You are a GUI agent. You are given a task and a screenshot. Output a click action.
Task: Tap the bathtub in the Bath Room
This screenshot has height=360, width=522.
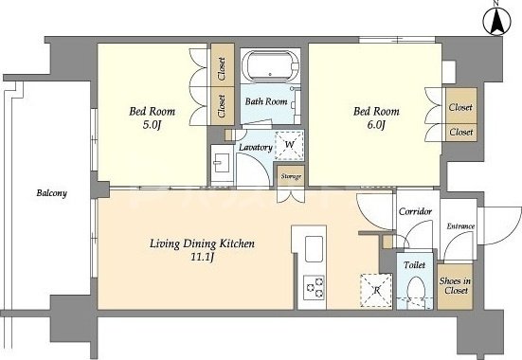click(x=270, y=66)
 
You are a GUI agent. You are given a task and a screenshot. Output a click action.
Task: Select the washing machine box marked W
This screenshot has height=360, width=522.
click(x=289, y=146)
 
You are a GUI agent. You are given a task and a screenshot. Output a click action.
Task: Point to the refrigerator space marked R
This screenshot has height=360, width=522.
click(x=376, y=291)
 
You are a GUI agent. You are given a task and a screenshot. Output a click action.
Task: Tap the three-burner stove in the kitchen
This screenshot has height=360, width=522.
click(x=314, y=287)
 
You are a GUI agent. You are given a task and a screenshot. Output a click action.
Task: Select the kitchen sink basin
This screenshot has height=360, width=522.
click(x=314, y=249)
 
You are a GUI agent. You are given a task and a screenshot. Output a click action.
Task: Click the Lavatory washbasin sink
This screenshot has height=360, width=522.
click(x=222, y=163)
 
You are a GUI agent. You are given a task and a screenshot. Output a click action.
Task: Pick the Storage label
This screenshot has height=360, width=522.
click(x=291, y=176)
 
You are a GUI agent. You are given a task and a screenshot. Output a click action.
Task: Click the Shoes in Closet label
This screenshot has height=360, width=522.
click(x=455, y=286)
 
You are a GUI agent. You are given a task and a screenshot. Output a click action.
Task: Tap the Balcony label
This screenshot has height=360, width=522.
click(x=51, y=193)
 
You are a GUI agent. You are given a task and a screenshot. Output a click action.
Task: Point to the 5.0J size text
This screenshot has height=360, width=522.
click(x=152, y=125)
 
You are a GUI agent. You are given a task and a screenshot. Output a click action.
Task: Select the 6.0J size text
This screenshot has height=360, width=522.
click(x=376, y=125)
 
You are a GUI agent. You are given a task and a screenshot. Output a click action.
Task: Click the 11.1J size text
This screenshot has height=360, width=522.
click(x=202, y=257)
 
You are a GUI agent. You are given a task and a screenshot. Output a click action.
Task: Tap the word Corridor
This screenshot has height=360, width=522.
click(x=416, y=211)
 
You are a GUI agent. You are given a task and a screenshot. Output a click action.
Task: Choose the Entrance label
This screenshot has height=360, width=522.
click(x=460, y=226)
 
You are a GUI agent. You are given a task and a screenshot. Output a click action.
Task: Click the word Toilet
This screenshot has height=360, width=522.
click(x=414, y=265)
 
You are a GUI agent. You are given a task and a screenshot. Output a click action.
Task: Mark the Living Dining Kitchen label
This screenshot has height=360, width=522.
click(x=202, y=243)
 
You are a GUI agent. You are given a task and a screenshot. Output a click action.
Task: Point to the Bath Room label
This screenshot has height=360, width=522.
click(x=266, y=101)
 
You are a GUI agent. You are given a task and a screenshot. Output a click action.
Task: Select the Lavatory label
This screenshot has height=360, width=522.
click(x=256, y=147)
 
